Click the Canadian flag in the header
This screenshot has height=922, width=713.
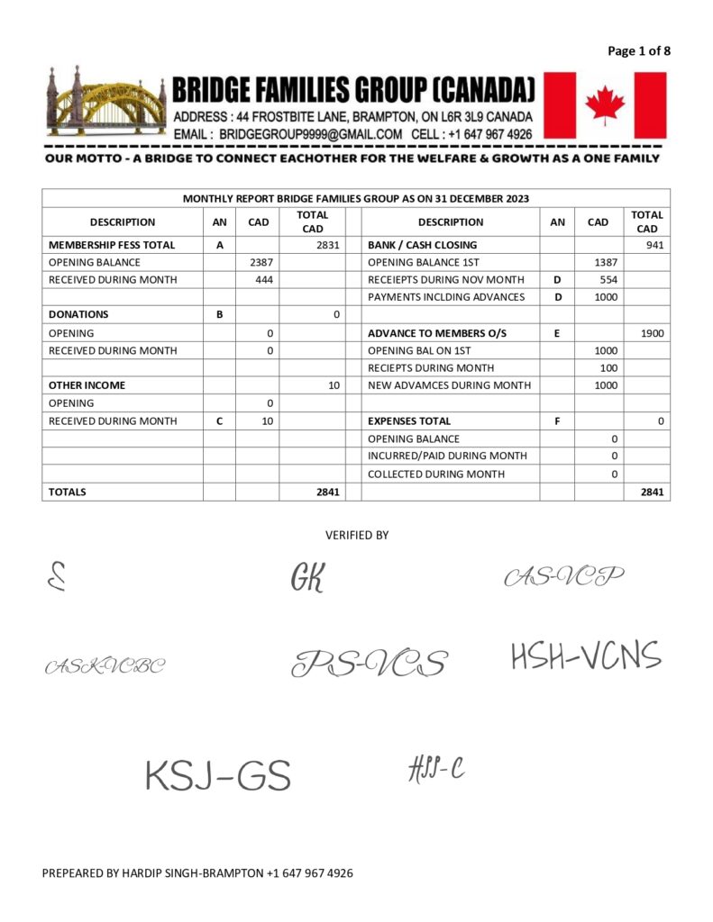605,105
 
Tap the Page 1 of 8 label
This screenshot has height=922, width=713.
639,50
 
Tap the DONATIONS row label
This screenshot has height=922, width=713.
78,314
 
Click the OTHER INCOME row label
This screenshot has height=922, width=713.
87,385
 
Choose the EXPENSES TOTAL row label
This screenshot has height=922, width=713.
409,420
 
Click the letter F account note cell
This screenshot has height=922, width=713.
557,420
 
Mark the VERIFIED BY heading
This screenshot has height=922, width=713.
357,535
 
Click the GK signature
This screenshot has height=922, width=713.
306,577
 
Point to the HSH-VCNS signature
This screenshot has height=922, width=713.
586,656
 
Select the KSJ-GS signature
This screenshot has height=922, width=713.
218,775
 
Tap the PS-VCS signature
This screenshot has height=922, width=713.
369,664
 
